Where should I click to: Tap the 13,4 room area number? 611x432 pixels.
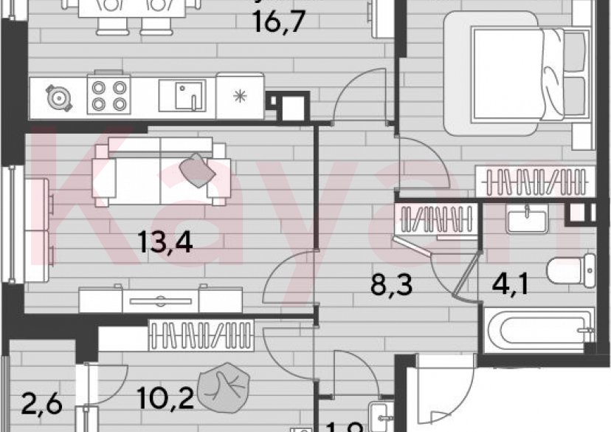tap(166, 241)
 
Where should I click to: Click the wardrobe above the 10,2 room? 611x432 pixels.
tap(201, 336)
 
